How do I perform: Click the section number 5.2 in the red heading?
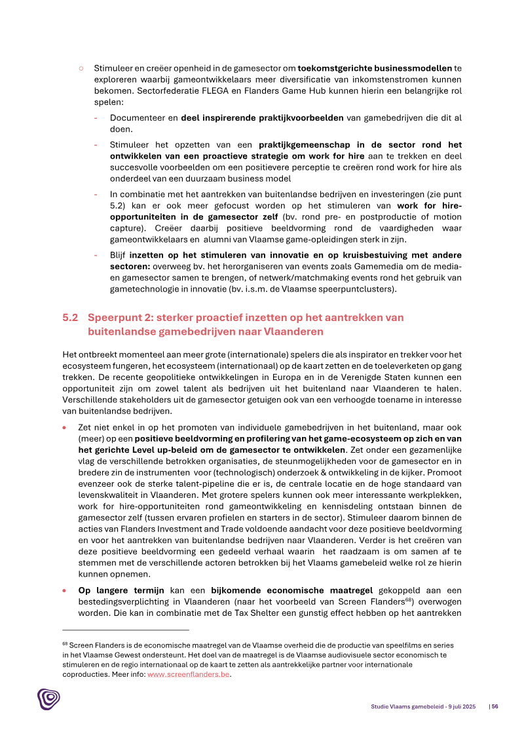tap(70, 317)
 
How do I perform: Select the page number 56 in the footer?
tap(495, 706)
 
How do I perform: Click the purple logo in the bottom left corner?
tap(48, 698)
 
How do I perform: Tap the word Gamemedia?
tap(349, 267)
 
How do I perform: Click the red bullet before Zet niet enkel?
tap(64, 426)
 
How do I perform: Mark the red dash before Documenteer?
tap(96, 118)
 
